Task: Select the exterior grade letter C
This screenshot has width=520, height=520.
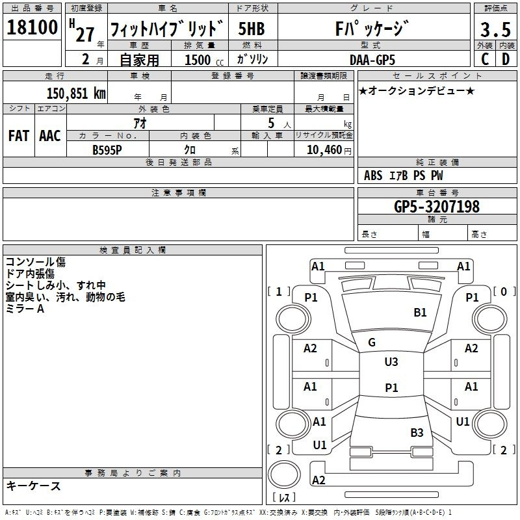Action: pos(484,59)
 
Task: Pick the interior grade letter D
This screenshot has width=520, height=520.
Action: pos(505,59)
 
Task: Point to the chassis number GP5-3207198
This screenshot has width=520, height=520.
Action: pos(437,207)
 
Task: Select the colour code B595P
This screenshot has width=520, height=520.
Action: pos(107,149)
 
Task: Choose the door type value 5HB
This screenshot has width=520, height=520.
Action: pos(252,31)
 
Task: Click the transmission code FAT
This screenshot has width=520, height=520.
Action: pos(18,136)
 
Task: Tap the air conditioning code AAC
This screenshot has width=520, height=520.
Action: pos(49,136)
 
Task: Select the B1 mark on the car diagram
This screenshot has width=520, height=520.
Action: pos(420,313)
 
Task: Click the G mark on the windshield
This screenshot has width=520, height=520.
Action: pos(372,342)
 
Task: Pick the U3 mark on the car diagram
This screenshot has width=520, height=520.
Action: pos(391,362)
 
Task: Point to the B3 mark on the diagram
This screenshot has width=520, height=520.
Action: pos(417,432)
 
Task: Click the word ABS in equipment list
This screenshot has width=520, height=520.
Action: pos(373,175)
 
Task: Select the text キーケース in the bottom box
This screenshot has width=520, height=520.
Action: pos(33,486)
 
